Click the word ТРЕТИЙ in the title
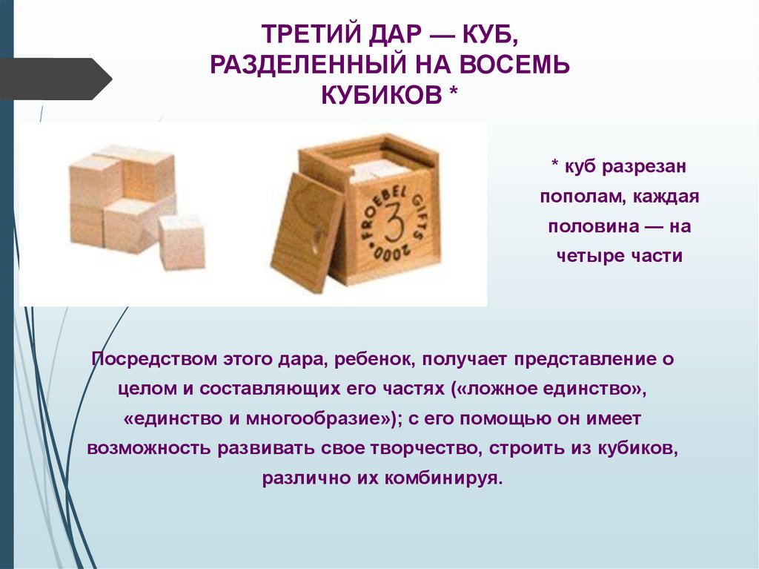pos(309,34)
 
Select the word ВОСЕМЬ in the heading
pos(515,65)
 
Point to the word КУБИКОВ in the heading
pos(382,95)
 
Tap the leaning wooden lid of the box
pos(307,232)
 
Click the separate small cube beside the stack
pos(182,242)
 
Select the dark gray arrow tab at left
pos(56,79)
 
